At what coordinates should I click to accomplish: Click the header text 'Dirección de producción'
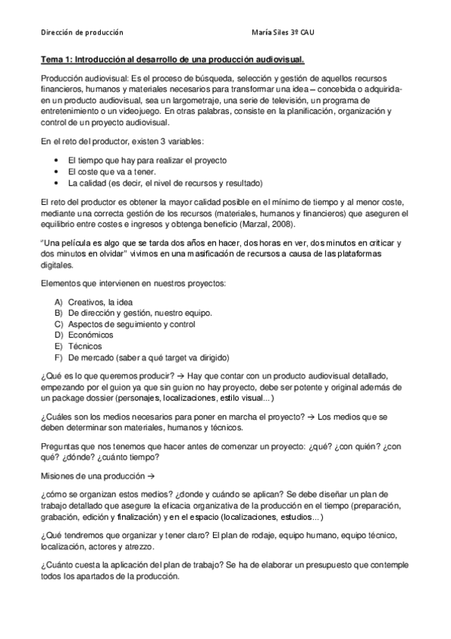[x=82, y=33]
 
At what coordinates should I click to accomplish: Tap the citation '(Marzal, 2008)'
[x=268, y=225]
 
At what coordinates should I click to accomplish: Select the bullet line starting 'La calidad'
[x=164, y=182]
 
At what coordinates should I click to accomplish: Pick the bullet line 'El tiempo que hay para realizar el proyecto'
[x=147, y=161]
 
